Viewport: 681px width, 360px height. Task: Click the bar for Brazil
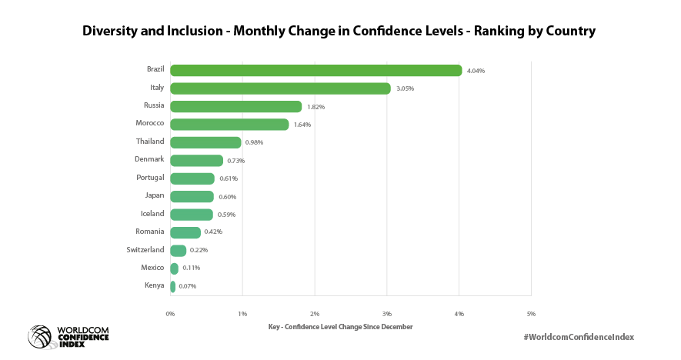[315, 71]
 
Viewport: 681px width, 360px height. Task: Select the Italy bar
[280, 88]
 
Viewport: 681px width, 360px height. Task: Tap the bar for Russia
[235, 107]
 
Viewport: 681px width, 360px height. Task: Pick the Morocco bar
[229, 125]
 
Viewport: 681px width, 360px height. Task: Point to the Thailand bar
[205, 142]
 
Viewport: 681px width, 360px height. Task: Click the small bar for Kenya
[173, 286]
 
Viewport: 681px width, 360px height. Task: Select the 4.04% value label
[476, 71]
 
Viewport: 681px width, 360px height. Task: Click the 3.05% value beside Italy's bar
[405, 88]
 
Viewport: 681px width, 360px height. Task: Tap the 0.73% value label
[235, 161]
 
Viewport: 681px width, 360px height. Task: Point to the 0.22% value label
[199, 250]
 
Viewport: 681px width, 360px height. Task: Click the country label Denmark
[149, 159]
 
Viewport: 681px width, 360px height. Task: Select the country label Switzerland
[145, 249]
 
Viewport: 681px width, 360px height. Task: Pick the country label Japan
[154, 195]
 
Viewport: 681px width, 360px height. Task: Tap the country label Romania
[149, 231]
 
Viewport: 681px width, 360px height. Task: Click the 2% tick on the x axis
[315, 314]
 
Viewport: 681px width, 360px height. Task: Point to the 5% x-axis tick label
[531, 314]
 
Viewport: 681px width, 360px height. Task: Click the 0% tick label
[170, 314]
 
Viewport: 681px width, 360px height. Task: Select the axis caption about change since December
[340, 327]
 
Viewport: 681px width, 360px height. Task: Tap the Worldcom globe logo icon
[41, 337]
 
